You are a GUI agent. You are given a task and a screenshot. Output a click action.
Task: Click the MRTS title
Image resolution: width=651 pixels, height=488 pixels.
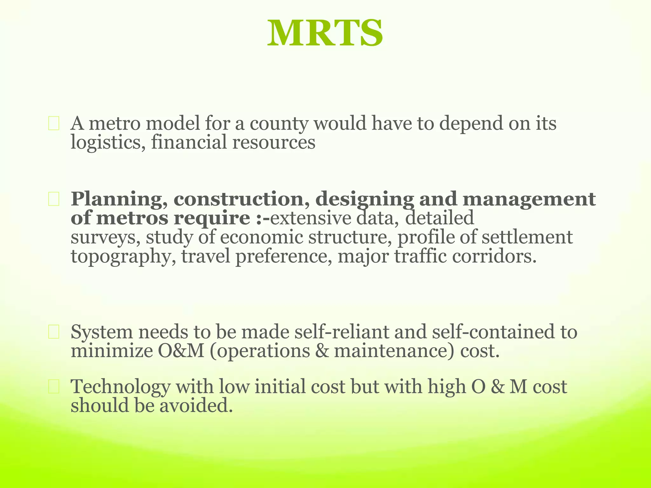pyautogui.click(x=325, y=34)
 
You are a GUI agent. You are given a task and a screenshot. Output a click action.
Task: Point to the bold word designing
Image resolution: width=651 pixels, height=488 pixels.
pyautogui.click(x=365, y=200)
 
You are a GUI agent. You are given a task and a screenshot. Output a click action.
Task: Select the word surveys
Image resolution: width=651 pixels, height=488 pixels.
pyautogui.click(x=102, y=238)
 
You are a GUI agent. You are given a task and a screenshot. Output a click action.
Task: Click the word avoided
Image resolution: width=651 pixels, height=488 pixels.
pyautogui.click(x=196, y=406)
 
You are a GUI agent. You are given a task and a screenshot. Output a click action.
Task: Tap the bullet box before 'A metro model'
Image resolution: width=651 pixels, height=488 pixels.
pyautogui.click(x=54, y=124)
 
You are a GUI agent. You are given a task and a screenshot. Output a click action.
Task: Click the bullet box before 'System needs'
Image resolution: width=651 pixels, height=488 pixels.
pyautogui.click(x=54, y=332)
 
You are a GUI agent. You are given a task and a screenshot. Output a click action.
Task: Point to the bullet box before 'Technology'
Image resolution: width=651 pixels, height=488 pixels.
pyautogui.click(x=54, y=387)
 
